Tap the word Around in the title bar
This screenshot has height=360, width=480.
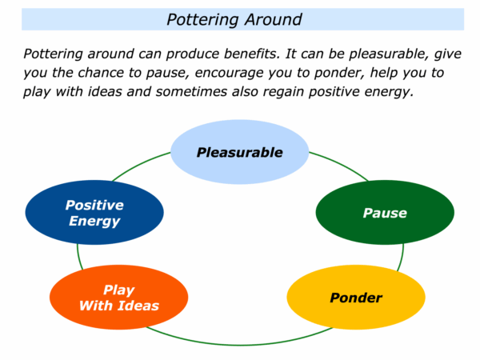click(x=273, y=19)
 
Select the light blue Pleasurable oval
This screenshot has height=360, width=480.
click(x=240, y=152)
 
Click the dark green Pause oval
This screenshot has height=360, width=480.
click(x=385, y=212)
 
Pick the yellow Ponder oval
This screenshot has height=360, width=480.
click(x=356, y=297)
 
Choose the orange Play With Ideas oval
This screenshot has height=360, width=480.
click(x=118, y=297)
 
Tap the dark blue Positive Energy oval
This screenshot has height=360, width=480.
click(x=94, y=212)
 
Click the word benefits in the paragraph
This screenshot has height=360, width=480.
click(x=252, y=54)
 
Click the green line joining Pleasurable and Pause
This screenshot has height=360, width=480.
click(x=342, y=163)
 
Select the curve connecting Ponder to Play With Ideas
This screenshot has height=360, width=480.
click(x=240, y=345)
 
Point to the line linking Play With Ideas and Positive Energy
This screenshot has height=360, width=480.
click(x=78, y=258)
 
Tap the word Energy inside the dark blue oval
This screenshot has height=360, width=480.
click(x=94, y=221)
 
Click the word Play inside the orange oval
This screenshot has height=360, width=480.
click(x=118, y=290)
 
